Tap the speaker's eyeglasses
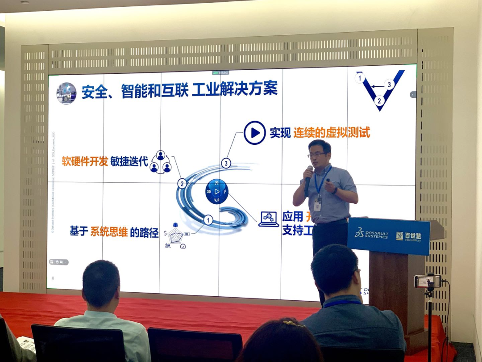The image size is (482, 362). pyautogui.click(x=317, y=155)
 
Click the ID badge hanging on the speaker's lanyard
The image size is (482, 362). pyautogui.click(x=317, y=204)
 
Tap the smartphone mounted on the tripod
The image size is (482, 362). pyautogui.click(x=428, y=281)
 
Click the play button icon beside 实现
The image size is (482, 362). pyautogui.click(x=255, y=133)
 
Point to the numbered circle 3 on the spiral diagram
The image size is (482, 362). pyautogui.click(x=226, y=163)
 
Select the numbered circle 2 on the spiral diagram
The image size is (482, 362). pyautogui.click(x=182, y=183)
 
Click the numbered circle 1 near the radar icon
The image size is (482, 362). pyautogui.click(x=208, y=220)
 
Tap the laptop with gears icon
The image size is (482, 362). pyautogui.click(x=269, y=219)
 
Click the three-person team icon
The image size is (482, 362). pyautogui.click(x=160, y=162)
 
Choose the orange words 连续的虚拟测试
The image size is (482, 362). pyautogui.click(x=332, y=133)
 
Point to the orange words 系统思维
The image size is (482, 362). pyautogui.click(x=109, y=232)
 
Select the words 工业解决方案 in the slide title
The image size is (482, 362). pyautogui.click(x=235, y=89)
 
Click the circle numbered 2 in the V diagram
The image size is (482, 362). pyautogui.click(x=379, y=101)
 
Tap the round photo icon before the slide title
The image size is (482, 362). pyautogui.click(x=66, y=93)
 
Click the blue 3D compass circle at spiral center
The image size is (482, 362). pyautogui.click(x=217, y=191)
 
